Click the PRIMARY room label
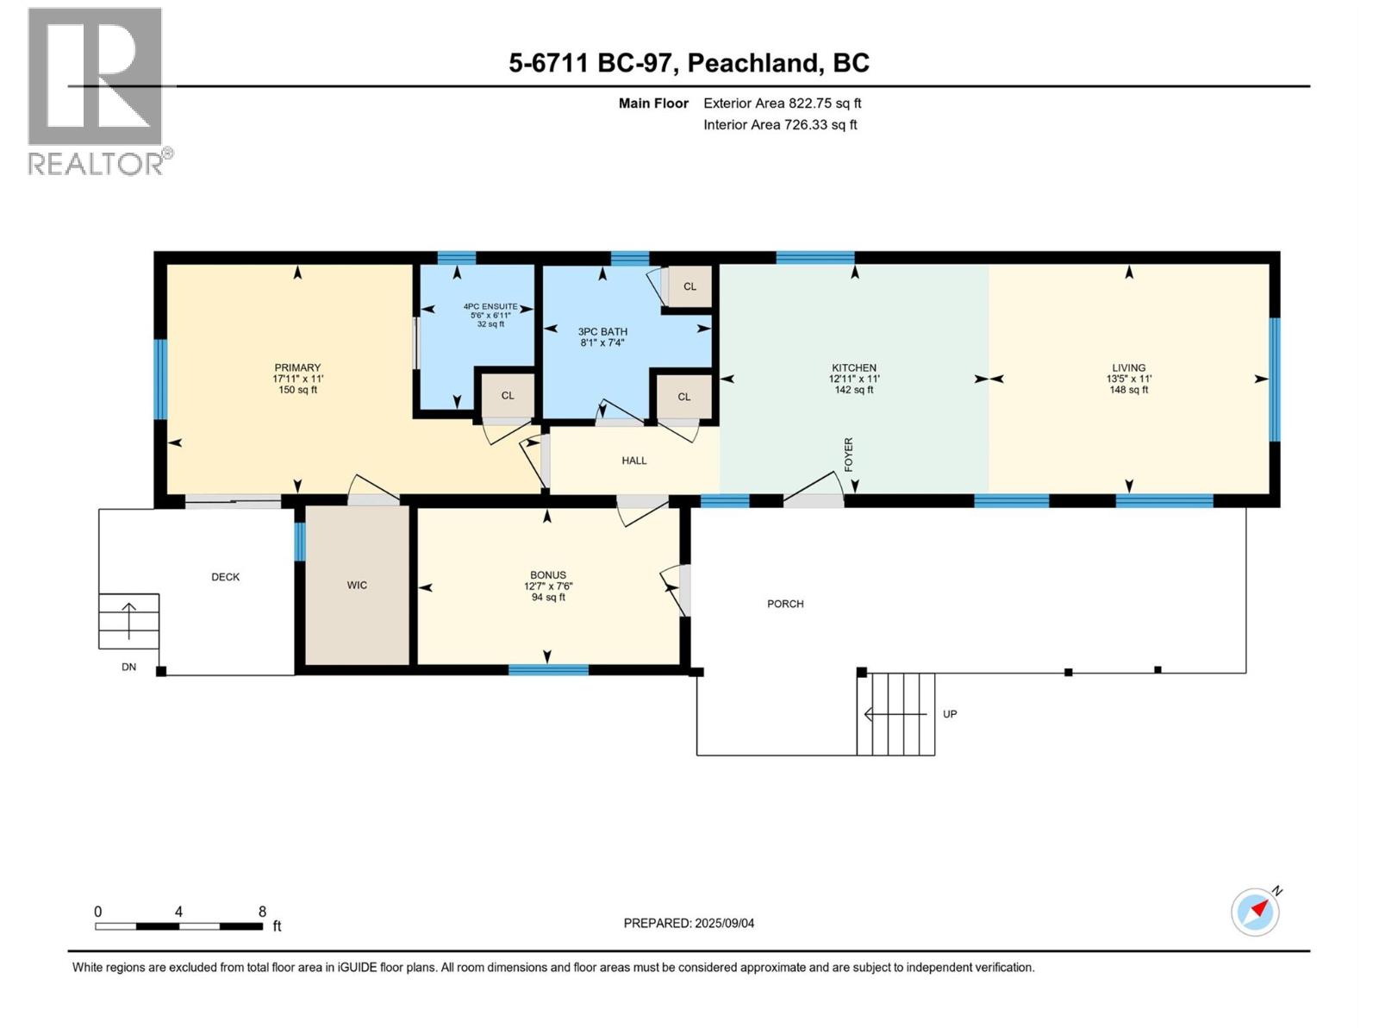click(x=297, y=368)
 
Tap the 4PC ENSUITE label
click(x=490, y=307)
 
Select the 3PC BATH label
click(x=602, y=332)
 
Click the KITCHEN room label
click(x=853, y=368)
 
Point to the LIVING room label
click(x=1128, y=368)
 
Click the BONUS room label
click(x=548, y=575)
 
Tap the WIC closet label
click(x=357, y=586)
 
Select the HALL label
click(x=634, y=461)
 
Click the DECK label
click(x=226, y=577)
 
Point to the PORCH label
click(x=785, y=604)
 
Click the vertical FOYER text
click(x=848, y=455)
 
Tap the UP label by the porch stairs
click(x=950, y=714)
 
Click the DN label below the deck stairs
click(x=128, y=668)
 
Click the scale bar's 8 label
click(x=262, y=912)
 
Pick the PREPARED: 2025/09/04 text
click(x=689, y=923)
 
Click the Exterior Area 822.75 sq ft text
click(x=782, y=103)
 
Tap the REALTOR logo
click(x=97, y=91)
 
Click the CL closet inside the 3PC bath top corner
click(x=689, y=286)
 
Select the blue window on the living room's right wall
click(x=1275, y=379)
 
